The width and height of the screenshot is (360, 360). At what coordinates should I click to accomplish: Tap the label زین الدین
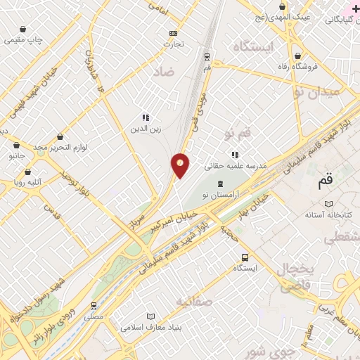point(145,129)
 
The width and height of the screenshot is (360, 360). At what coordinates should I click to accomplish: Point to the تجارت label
point(174,44)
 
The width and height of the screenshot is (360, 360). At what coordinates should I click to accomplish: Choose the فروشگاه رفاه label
point(298,66)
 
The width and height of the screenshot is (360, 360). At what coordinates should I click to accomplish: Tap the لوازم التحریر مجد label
point(60,147)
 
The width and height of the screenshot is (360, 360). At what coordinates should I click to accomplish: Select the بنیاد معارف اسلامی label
point(150,327)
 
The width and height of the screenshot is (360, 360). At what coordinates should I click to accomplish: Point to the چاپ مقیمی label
point(25,40)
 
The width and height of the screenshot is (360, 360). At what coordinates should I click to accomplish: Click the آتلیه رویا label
point(27,181)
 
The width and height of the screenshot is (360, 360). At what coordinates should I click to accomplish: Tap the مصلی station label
point(94,317)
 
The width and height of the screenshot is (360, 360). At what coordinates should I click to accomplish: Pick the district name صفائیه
point(193,303)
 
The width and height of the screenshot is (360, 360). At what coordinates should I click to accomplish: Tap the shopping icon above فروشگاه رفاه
point(298,55)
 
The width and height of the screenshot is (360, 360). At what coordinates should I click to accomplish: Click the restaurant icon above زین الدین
point(145,117)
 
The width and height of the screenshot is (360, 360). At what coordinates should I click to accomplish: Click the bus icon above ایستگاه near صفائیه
point(244,257)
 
